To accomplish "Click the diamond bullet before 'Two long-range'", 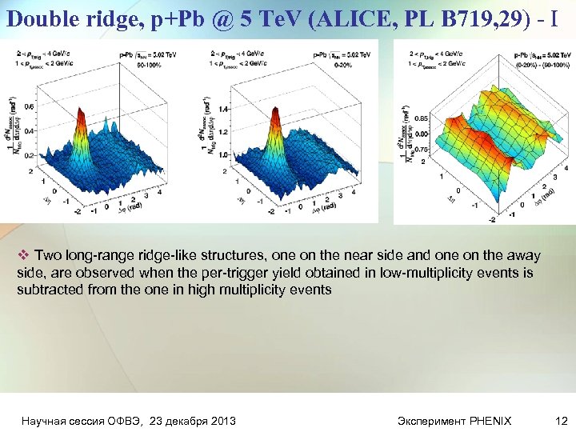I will (22, 256).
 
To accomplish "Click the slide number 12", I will (559, 420).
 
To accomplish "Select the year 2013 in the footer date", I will (222, 420).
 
